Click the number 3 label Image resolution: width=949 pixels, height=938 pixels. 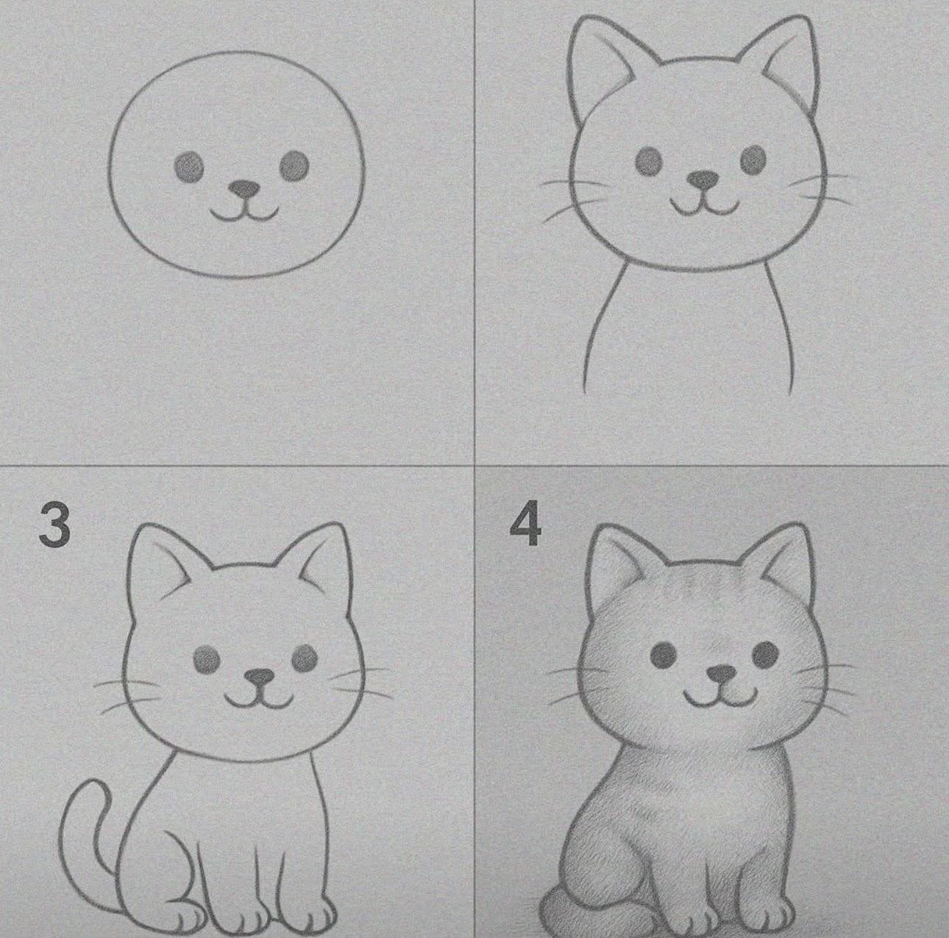55,525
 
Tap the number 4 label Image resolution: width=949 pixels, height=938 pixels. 525,525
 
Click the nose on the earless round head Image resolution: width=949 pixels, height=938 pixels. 244,189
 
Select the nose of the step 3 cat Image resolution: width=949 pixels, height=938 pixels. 259,676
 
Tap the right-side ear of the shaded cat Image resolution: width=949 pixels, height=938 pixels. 789,559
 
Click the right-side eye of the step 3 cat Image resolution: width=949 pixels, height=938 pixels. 305,657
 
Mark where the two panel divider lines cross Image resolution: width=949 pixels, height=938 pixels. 474,466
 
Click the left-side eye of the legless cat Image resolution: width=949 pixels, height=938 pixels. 649,161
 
